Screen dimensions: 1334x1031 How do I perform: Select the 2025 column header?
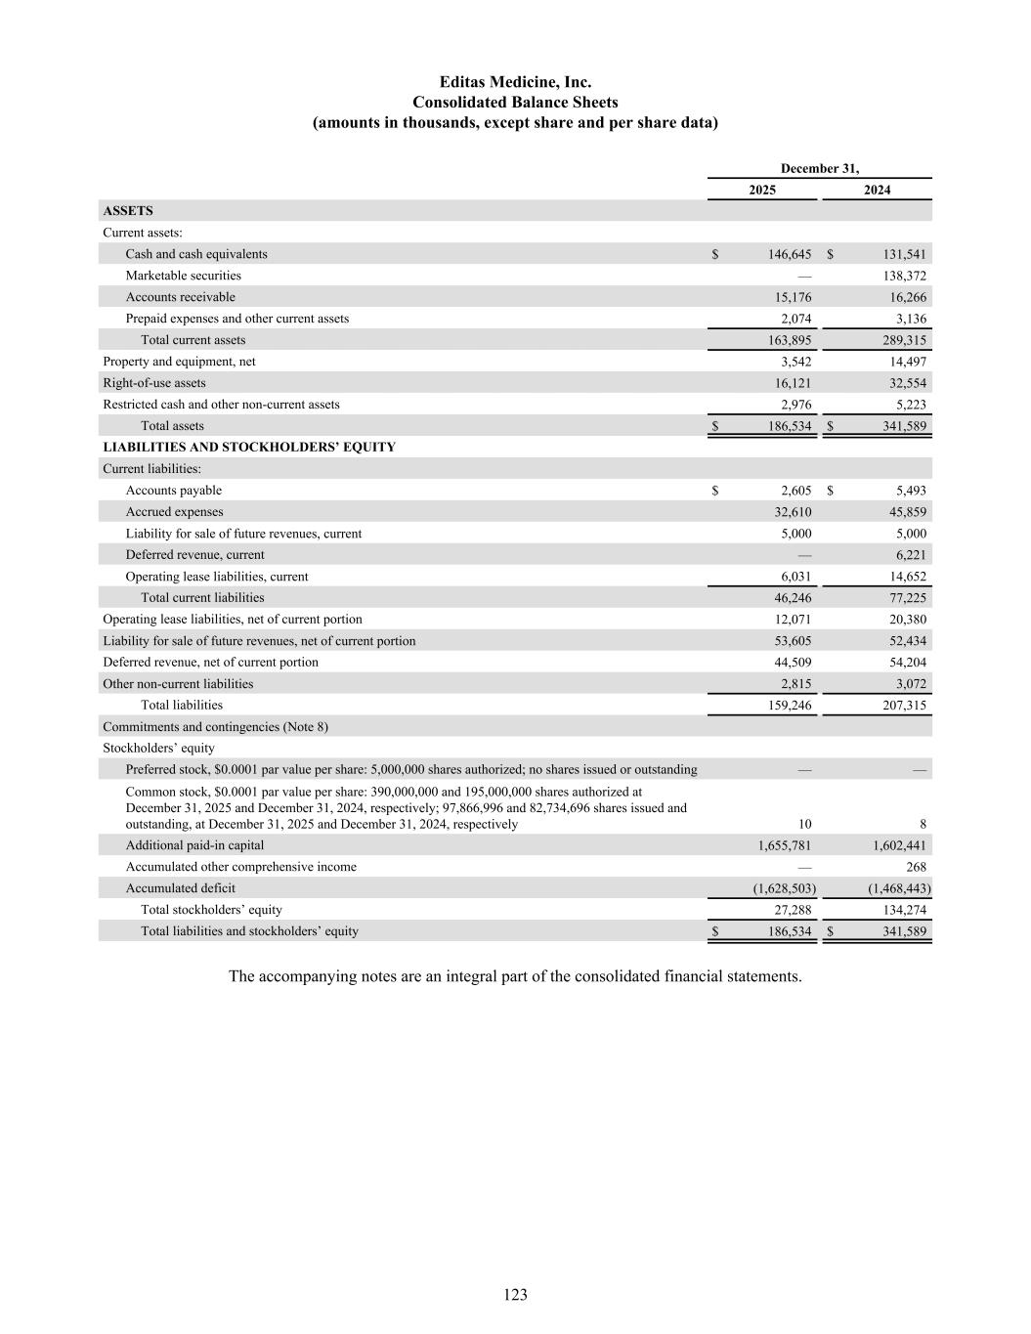[x=762, y=190]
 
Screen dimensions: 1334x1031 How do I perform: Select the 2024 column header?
[x=877, y=190]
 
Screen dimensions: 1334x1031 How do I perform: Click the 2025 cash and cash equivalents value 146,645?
[x=790, y=254]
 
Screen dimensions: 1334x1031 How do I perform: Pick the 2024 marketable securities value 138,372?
[x=904, y=276]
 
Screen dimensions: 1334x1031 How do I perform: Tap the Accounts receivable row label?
[x=180, y=297]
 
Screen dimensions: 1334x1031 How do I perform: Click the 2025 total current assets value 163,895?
[x=790, y=340]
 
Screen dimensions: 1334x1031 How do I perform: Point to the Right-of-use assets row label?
[x=154, y=383]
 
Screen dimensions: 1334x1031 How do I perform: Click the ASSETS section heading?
[x=128, y=211]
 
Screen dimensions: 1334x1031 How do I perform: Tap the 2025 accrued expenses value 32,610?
[x=793, y=512]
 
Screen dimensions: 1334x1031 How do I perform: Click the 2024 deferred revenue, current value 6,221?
[x=910, y=555]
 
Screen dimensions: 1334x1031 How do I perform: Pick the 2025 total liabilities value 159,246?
[x=790, y=705]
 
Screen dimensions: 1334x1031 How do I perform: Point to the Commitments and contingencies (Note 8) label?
[x=215, y=727]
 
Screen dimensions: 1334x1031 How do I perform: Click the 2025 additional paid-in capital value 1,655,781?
[x=785, y=845]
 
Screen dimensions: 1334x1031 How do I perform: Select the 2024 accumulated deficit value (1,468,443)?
[x=899, y=888]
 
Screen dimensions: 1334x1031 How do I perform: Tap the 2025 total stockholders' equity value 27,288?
[x=793, y=910]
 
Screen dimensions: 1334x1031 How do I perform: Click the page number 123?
[x=515, y=1295]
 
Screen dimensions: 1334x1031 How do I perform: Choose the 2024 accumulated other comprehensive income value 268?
[x=916, y=867]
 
